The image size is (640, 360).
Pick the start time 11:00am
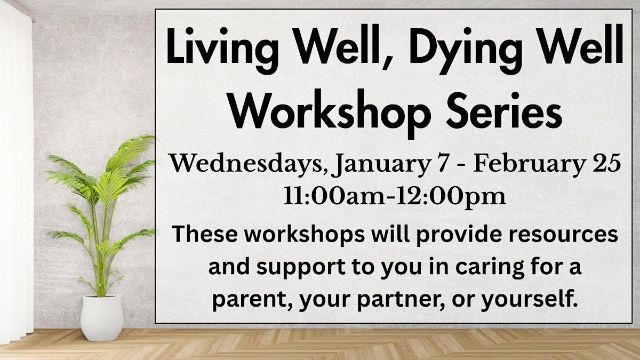(x=334, y=197)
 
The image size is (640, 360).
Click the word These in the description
(x=205, y=234)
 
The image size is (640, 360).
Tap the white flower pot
(x=102, y=318)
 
